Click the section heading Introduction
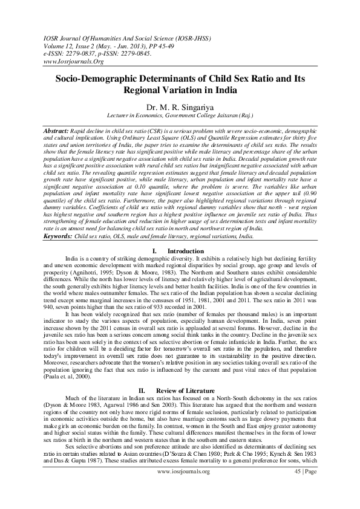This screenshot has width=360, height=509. pos(185,250)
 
